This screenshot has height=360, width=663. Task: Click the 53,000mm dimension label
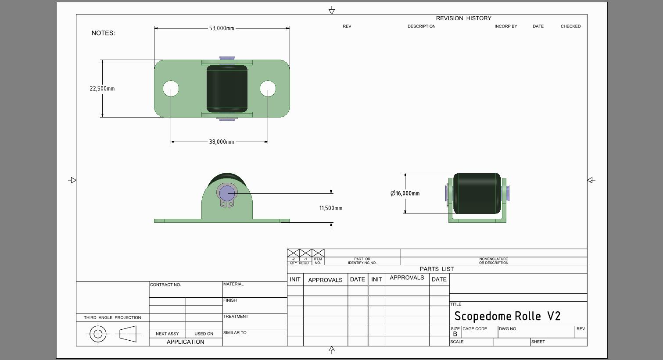pyautogui.click(x=222, y=29)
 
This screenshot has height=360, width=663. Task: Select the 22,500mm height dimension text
pyautogui.click(x=102, y=89)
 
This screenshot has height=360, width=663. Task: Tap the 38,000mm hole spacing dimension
pyautogui.click(x=222, y=142)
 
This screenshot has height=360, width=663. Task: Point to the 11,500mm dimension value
pyautogui.click(x=331, y=208)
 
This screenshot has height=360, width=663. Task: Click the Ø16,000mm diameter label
pyautogui.click(x=405, y=193)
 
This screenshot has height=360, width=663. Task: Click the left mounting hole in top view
pyautogui.click(x=171, y=89)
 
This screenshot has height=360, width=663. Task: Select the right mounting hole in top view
pyautogui.click(x=268, y=89)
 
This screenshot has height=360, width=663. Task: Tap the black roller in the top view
pyautogui.click(x=227, y=89)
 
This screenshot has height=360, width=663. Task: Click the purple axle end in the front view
pyautogui.click(x=227, y=193)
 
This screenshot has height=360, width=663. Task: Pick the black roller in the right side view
pyautogui.click(x=477, y=193)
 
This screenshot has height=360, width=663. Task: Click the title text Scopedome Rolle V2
pyautogui.click(x=507, y=316)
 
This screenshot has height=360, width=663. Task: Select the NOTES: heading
pyautogui.click(x=103, y=33)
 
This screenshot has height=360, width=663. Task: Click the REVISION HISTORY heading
pyautogui.click(x=463, y=18)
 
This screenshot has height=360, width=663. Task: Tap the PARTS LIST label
pyautogui.click(x=437, y=269)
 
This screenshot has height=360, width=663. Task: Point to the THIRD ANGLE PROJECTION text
pyautogui.click(x=112, y=317)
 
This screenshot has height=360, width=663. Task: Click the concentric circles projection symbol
pyautogui.click(x=98, y=334)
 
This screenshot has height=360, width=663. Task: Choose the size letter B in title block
pyautogui.click(x=455, y=334)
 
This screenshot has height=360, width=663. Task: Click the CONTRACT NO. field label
pyautogui.click(x=165, y=285)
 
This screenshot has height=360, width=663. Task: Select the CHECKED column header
pyautogui.click(x=570, y=26)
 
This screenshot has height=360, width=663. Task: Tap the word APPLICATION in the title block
pyautogui.click(x=185, y=342)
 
